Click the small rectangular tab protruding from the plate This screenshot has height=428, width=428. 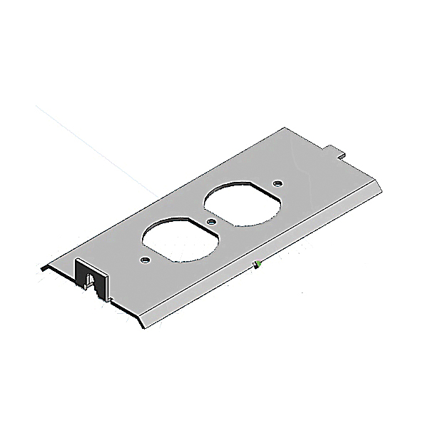click(x=337, y=151)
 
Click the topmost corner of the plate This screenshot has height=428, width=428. click(x=286, y=128)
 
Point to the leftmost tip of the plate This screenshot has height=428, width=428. click(x=41, y=267)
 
